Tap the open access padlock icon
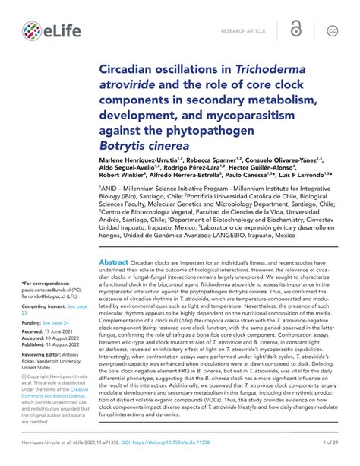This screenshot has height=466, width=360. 296,30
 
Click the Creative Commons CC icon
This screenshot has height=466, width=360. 332,30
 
